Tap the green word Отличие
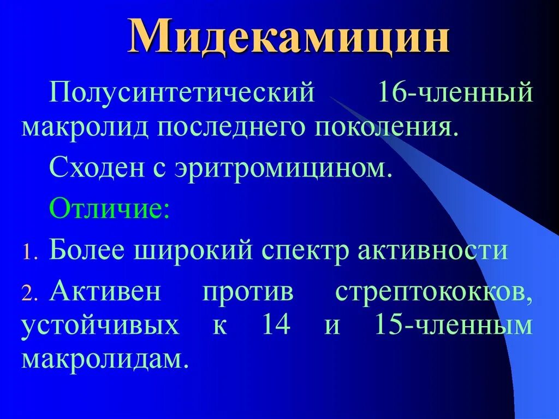(x=109, y=209)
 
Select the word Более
(x=91, y=250)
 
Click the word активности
(x=433, y=250)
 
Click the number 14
(x=276, y=326)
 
